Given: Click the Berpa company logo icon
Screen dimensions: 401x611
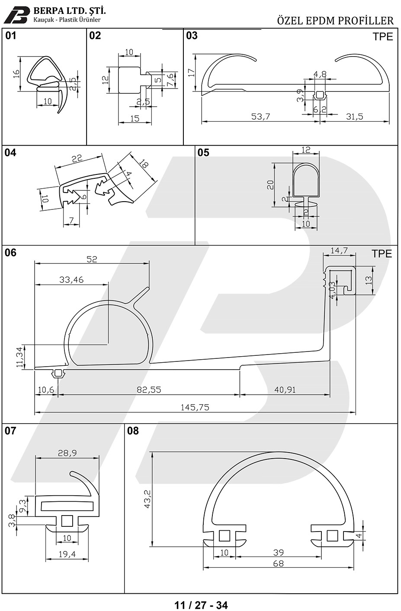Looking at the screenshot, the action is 17,15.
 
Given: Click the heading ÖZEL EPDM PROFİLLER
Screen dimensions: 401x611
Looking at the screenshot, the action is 335,21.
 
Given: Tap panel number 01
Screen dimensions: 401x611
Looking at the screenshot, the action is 11,35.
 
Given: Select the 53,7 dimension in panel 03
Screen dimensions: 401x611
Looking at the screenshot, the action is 260,117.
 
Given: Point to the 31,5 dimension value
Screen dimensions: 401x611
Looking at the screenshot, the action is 355,117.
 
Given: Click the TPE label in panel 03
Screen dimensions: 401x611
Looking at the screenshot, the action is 383,37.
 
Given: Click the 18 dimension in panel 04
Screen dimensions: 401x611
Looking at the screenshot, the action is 144,164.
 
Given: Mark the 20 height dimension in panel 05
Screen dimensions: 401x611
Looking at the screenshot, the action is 270,185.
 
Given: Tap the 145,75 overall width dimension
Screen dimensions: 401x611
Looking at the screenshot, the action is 195,407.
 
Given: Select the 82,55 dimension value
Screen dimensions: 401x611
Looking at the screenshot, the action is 149,389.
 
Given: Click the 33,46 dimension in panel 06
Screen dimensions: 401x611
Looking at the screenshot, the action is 71,279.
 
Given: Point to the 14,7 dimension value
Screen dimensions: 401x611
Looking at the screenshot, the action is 339,250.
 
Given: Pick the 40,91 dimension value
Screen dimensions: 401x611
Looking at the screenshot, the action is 285,389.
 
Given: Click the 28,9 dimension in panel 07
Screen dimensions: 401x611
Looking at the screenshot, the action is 67,453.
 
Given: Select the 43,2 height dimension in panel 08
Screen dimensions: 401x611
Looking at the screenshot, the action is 148,499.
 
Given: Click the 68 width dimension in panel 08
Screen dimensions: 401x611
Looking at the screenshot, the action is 278,563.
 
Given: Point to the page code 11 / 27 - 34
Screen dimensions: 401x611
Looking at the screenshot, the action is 201,605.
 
